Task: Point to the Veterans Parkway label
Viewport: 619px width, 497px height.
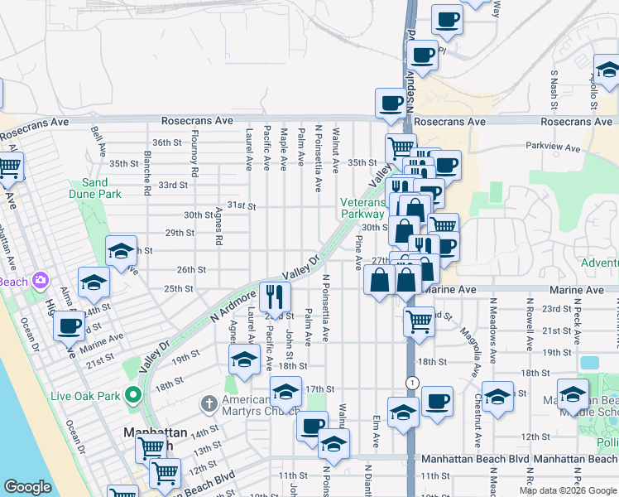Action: (362, 207)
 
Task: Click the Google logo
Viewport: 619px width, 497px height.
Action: (27, 487)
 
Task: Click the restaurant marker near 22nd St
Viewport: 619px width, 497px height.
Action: (276, 296)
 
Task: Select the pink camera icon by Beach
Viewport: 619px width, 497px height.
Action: (40, 282)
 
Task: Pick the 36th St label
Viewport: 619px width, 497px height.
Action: (166, 142)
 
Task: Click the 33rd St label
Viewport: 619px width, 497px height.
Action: (173, 185)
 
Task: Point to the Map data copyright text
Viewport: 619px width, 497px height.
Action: (567, 490)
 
